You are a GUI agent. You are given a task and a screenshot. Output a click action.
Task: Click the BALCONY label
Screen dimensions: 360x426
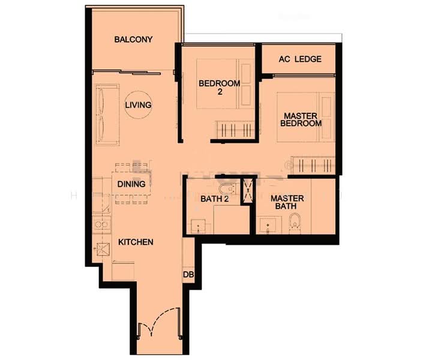pyautogui.click(x=133, y=40)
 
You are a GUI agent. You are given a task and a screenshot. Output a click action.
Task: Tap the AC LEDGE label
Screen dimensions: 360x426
pyautogui.click(x=299, y=59)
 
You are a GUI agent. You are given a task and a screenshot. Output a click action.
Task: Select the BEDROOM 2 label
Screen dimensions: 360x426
pyautogui.click(x=220, y=88)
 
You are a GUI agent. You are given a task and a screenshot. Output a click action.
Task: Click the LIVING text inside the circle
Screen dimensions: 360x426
pyautogui.click(x=138, y=105)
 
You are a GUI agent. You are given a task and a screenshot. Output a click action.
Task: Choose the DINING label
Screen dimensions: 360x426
pyautogui.click(x=131, y=184)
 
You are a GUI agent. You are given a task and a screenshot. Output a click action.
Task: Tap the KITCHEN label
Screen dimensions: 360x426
pyautogui.click(x=136, y=242)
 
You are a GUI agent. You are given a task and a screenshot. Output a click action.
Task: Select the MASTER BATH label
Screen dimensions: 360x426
pyautogui.click(x=287, y=203)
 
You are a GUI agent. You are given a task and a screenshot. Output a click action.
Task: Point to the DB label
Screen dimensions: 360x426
pyautogui.click(x=188, y=275)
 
